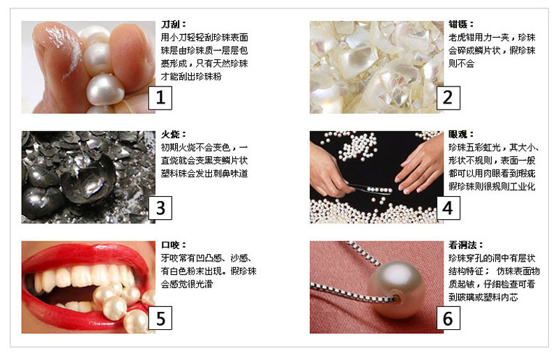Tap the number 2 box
pos(447,97)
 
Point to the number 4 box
pos(447,207)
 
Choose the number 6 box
pos(447,318)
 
